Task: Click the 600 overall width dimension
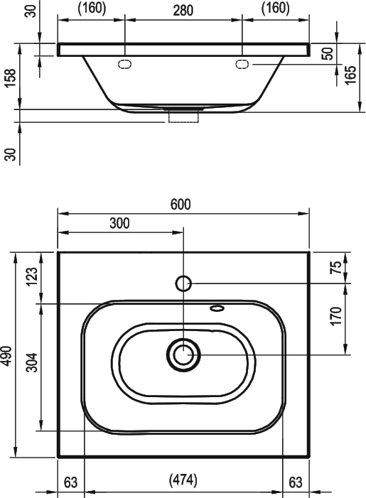[181, 204]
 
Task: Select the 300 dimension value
[120, 223]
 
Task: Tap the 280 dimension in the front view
[183, 11]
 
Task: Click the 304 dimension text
[32, 362]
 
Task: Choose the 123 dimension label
[32, 277]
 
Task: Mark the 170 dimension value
[335, 316]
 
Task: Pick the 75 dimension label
[335, 267]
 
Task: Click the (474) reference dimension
[183, 480]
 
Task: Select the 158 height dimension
[10, 78]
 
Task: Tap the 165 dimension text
[350, 75]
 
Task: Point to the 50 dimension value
[328, 53]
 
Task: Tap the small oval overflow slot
[217, 308]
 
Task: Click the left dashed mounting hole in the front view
[124, 64]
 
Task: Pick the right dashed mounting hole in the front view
[242, 64]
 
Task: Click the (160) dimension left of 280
[92, 9]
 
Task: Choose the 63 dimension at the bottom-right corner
[296, 482]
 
